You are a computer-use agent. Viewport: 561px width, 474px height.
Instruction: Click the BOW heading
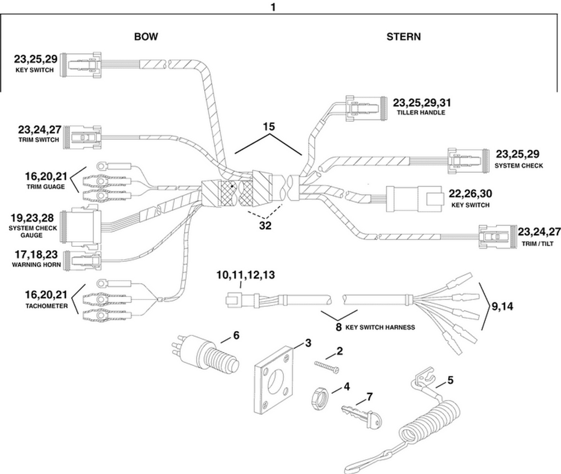[x=146, y=37]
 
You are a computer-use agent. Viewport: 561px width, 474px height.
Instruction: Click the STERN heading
[x=404, y=37]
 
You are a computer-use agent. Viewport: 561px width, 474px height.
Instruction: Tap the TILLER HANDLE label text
[x=421, y=112]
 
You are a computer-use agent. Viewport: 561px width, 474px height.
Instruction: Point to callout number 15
[x=268, y=127]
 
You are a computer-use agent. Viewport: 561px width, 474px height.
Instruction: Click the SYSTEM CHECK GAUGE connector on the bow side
[x=83, y=227]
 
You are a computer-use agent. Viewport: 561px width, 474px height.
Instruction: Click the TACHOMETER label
[x=47, y=306]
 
